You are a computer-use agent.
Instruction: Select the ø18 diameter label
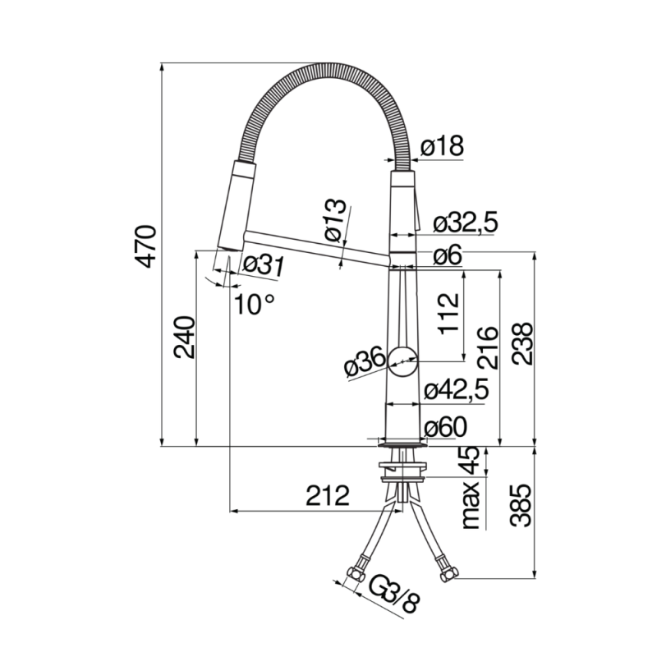click(x=442, y=146)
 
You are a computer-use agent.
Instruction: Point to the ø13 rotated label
click(x=334, y=219)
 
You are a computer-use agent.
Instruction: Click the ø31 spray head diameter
click(x=264, y=264)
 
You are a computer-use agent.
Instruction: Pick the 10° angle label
click(x=254, y=305)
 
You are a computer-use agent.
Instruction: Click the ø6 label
click(x=448, y=255)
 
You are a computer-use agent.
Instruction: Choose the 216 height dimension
click(x=486, y=347)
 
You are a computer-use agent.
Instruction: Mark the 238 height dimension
click(x=522, y=344)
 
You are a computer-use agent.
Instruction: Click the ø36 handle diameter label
click(x=362, y=364)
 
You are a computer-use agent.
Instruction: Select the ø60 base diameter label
click(x=445, y=427)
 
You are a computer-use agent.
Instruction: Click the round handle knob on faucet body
click(x=403, y=361)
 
